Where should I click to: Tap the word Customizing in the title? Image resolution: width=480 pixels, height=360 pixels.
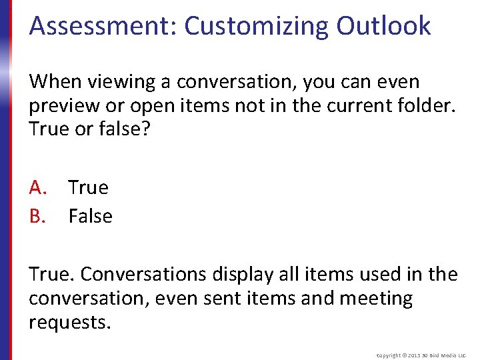(x=257, y=26)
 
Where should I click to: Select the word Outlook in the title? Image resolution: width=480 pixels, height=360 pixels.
(x=383, y=26)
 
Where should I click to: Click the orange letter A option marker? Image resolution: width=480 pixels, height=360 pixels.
(x=37, y=187)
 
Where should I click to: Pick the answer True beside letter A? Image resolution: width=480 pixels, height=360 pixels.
(x=88, y=187)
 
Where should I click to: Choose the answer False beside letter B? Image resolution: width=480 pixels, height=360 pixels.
(x=91, y=216)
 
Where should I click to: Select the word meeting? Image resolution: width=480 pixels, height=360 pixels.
(x=376, y=298)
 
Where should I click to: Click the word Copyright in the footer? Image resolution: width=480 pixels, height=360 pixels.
(x=389, y=355)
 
